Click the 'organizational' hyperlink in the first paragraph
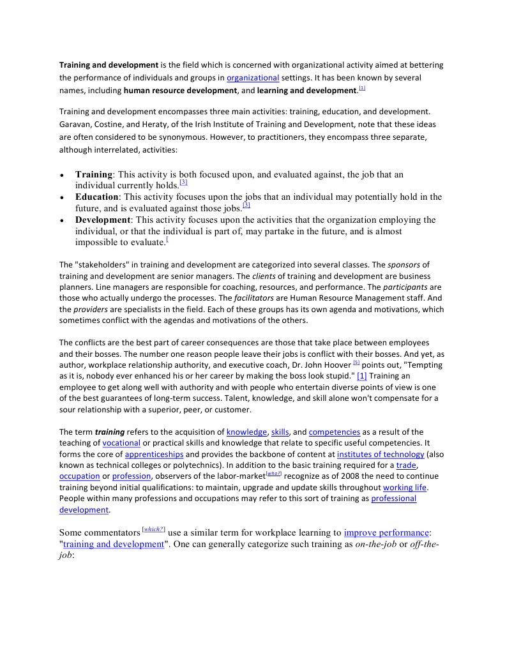pyautogui.click(x=253, y=78)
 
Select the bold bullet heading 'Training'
pyautogui.click(x=94, y=174)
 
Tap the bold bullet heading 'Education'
pyautogui.click(x=97, y=197)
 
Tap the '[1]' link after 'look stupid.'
pyautogui.click(x=362, y=377)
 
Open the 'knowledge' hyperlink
pyautogui.click(x=246, y=432)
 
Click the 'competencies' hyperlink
pyautogui.click(x=335, y=432)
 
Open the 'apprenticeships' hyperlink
pyautogui.click(x=154, y=454)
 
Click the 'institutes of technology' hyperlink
pyautogui.click(x=381, y=454)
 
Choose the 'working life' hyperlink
pyautogui.click(x=405, y=488)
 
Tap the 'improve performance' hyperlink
pyautogui.click(x=386, y=532)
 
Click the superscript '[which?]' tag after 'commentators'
pyautogui.click(x=154, y=529)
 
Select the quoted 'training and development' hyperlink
pyautogui.click(x=114, y=544)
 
